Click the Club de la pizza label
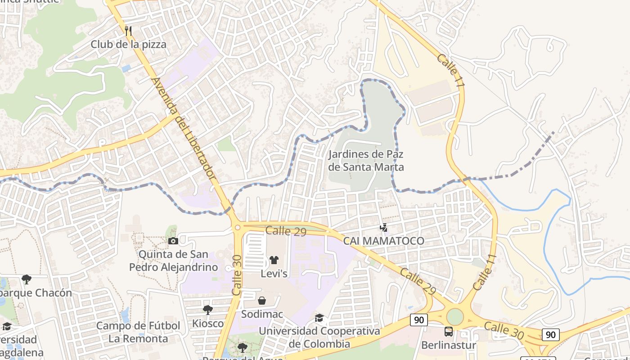click(x=128, y=44)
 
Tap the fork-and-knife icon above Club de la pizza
click(x=129, y=31)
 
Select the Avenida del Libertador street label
click(x=184, y=130)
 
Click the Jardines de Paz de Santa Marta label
click(x=366, y=161)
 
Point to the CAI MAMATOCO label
click(x=383, y=241)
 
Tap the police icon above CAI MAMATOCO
click(x=383, y=228)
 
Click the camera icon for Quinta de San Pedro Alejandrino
click(x=173, y=241)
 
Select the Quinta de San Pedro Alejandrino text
click(x=173, y=261)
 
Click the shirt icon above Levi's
click(x=274, y=260)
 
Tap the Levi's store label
click(x=274, y=274)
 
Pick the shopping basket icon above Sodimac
click(x=262, y=301)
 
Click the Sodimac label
click(x=262, y=314)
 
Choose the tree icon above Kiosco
click(x=207, y=310)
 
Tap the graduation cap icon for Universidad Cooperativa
click(x=319, y=318)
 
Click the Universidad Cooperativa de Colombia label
click(x=319, y=337)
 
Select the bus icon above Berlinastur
click(x=449, y=332)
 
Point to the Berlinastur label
click(x=449, y=345)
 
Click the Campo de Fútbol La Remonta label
click(x=138, y=332)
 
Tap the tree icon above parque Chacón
click(x=27, y=279)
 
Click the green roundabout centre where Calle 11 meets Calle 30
click(x=455, y=316)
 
